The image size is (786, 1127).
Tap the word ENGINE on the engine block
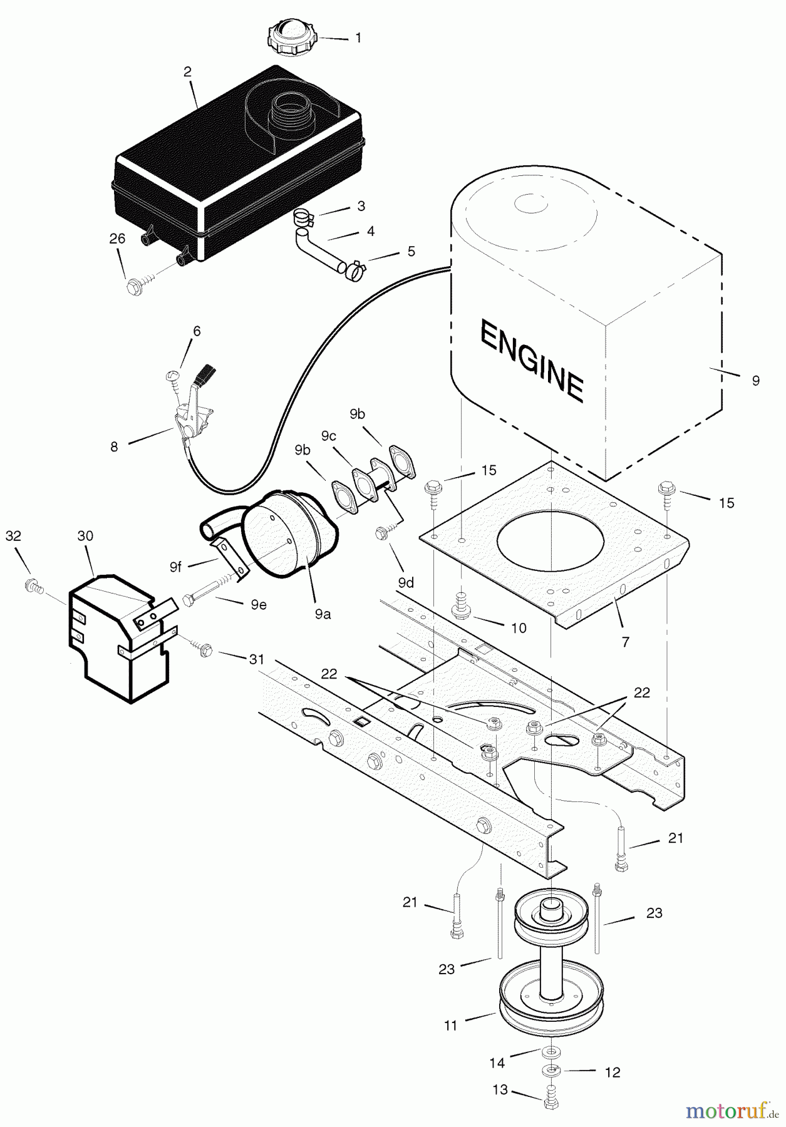click(x=532, y=359)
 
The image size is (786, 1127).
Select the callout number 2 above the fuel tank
click(x=188, y=71)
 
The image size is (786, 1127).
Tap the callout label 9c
click(x=329, y=436)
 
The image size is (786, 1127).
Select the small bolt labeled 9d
click(x=381, y=533)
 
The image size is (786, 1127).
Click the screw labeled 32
click(x=32, y=587)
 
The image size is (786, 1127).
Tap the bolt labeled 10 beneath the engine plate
click(x=461, y=609)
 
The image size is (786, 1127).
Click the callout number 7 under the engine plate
click(x=625, y=641)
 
